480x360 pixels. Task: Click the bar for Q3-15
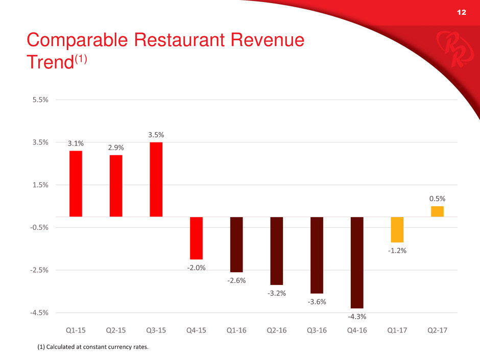[x=156, y=179]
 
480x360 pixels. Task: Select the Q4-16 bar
[x=357, y=262]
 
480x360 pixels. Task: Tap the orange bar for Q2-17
[x=437, y=211]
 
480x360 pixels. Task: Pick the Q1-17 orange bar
[x=397, y=229]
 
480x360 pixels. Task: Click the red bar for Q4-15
[x=196, y=238]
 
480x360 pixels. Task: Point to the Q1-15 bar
[x=76, y=184]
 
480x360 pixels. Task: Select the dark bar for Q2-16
[x=276, y=251]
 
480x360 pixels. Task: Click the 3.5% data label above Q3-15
[x=156, y=135]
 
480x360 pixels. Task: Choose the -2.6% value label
[x=236, y=280]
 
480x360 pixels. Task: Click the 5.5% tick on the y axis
[x=39, y=100]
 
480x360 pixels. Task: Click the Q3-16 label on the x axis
[x=317, y=330]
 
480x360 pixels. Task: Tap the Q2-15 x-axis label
[x=115, y=330]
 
